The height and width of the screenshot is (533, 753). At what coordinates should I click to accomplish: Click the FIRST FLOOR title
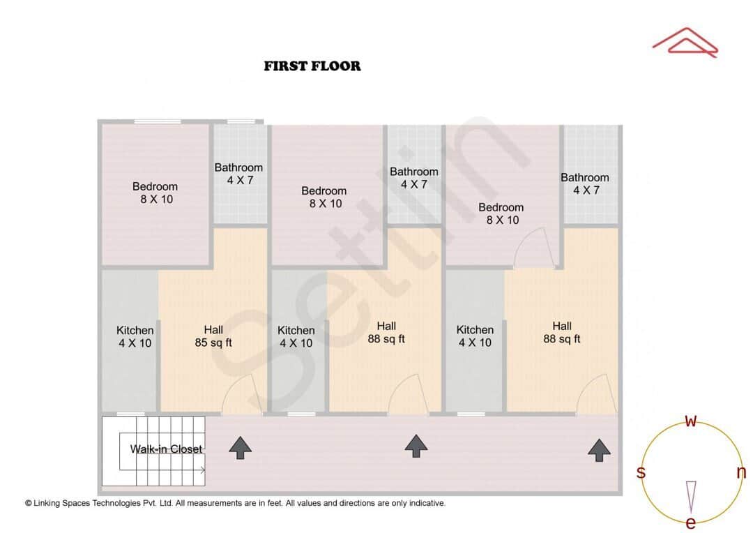coord(312,66)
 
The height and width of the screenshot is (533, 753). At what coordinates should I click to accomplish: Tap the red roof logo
coord(685,42)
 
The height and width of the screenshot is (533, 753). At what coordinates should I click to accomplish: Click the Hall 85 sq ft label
coord(213,336)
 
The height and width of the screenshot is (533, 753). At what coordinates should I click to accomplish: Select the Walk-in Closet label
coord(166,449)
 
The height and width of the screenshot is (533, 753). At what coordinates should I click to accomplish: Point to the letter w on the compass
coord(691,421)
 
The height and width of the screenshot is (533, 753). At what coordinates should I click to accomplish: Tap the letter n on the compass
coord(741,472)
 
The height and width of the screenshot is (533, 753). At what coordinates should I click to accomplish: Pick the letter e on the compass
coord(691,523)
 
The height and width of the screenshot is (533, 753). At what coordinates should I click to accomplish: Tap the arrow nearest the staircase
coord(241,447)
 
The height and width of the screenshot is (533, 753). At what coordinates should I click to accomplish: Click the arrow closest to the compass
coord(599,450)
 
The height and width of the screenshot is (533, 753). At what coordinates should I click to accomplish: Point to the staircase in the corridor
coord(155,451)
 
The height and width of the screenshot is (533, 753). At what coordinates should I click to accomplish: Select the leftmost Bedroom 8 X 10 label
coord(155,193)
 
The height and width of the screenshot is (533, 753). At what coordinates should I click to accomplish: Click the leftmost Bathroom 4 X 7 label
coord(238,174)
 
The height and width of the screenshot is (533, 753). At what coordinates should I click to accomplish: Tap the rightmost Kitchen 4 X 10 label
coord(475,336)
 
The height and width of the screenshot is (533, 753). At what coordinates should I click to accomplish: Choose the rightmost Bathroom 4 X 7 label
coord(584,183)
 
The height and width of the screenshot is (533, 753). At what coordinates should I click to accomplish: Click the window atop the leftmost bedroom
coord(158,122)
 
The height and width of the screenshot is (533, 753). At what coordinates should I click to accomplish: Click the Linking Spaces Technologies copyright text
coord(235,503)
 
